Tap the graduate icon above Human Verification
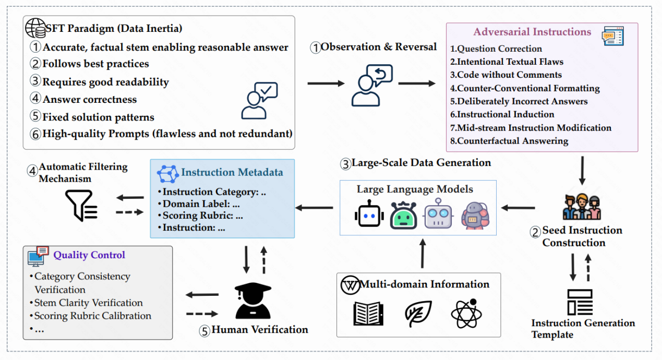pos(253,301)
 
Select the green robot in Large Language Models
pos(403,215)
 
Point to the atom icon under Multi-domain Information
pos(466,314)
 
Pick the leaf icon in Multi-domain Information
pos(418,314)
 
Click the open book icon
pos(368,314)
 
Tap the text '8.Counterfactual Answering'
pos(509,141)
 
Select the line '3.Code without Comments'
pos(505,75)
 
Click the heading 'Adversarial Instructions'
pos(532,32)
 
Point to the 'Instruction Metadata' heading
pos(232,172)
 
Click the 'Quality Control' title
pos(89,255)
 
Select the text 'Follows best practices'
pos(95,64)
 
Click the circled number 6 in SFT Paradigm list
pos(35,134)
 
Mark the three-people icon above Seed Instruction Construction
pos(582,207)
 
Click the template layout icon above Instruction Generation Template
pos(580,302)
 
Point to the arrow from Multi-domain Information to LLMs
pos(423,254)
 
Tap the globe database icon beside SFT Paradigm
pos(35,28)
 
